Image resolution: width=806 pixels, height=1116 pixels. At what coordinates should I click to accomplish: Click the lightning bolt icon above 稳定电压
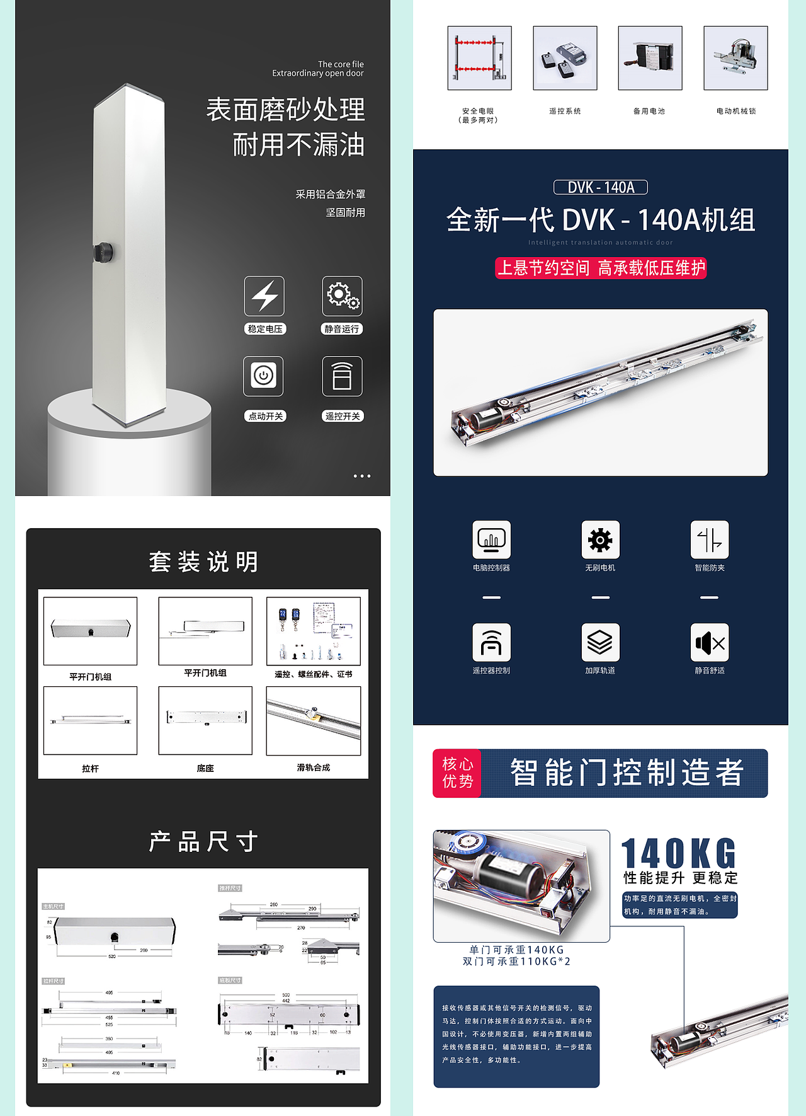tap(264, 296)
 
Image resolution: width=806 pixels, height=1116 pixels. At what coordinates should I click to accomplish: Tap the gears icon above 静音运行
tap(342, 296)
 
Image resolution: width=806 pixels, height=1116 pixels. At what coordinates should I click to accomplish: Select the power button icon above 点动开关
tap(264, 376)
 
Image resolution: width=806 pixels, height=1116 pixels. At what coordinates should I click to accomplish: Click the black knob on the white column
tap(103, 251)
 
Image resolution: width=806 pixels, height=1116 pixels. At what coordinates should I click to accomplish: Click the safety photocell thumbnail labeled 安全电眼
tap(479, 58)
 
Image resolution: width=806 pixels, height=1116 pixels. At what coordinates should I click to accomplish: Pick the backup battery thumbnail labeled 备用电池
tap(650, 58)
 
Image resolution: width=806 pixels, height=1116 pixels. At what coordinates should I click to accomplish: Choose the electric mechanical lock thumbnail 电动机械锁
tap(735, 58)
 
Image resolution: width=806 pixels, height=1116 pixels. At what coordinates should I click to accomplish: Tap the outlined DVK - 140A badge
tap(601, 187)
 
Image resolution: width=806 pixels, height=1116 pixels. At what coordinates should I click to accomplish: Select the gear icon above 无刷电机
tap(600, 540)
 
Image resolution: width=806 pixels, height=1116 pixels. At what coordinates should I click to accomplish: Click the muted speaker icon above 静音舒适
tap(710, 643)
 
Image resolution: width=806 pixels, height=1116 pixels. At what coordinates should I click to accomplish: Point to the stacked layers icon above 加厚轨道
tap(600, 643)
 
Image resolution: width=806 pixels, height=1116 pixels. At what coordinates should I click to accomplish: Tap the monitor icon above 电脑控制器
tap(491, 540)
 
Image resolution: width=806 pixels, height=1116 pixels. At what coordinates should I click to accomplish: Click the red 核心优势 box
tap(457, 773)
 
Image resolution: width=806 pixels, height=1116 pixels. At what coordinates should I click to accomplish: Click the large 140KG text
tap(679, 854)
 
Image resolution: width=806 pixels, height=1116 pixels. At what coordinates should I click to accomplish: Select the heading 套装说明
tap(204, 561)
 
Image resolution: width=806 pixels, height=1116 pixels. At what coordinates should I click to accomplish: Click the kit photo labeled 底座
tap(205, 720)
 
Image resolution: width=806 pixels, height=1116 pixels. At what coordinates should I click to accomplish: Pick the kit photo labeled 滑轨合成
tap(314, 720)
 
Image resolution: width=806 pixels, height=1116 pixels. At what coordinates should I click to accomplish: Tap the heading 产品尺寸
tap(204, 841)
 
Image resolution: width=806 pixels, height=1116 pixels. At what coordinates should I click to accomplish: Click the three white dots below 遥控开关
tap(362, 476)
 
